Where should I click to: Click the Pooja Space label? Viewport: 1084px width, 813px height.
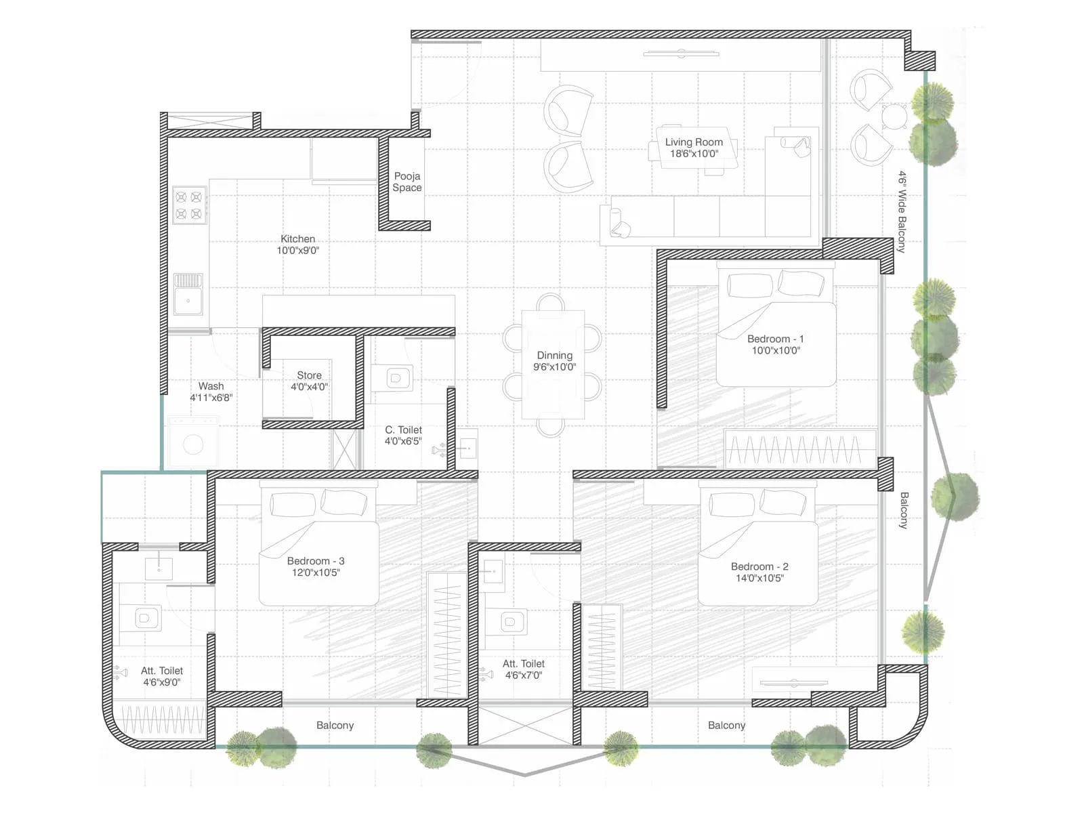407,182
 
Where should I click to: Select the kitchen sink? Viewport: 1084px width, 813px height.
188,295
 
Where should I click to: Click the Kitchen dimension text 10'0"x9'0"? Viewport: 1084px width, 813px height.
297,251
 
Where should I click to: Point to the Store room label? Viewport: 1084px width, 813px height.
309,375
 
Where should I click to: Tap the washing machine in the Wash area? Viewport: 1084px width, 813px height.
193,444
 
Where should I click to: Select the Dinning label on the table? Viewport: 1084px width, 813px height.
554,355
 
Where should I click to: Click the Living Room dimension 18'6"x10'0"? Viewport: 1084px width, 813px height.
694,154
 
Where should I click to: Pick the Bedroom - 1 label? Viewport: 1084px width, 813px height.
775,339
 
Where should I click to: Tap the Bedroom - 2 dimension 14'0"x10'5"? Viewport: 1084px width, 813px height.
759,578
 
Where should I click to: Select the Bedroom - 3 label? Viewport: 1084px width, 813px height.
316,561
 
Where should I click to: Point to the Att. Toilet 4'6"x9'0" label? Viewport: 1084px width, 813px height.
162,676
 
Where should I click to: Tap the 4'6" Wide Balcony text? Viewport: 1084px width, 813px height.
902,211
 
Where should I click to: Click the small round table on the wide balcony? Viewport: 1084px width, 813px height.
894,117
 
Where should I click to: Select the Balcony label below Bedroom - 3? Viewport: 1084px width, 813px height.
335,726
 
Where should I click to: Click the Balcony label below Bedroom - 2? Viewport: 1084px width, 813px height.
726,726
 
